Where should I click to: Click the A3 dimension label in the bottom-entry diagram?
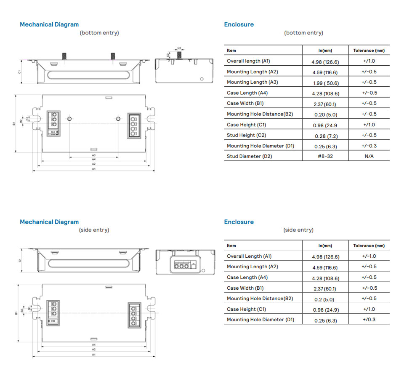(94, 155)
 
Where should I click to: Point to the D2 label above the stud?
(179, 48)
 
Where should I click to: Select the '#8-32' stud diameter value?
(325, 157)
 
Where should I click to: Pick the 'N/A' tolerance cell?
(369, 157)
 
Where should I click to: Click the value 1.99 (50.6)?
(325, 83)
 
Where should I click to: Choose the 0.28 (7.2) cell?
(326, 136)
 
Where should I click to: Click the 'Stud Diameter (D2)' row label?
(249, 157)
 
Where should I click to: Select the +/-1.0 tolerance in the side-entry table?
(369, 256)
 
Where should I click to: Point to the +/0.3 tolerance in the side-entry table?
(369, 320)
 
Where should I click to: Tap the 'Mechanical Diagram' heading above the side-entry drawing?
(49, 222)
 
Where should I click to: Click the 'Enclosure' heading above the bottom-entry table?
(239, 24)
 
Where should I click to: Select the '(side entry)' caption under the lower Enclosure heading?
(298, 230)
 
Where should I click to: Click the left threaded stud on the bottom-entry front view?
(64, 56)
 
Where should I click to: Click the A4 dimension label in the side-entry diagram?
(94, 344)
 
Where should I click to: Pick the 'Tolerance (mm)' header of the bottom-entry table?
(369, 51)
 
